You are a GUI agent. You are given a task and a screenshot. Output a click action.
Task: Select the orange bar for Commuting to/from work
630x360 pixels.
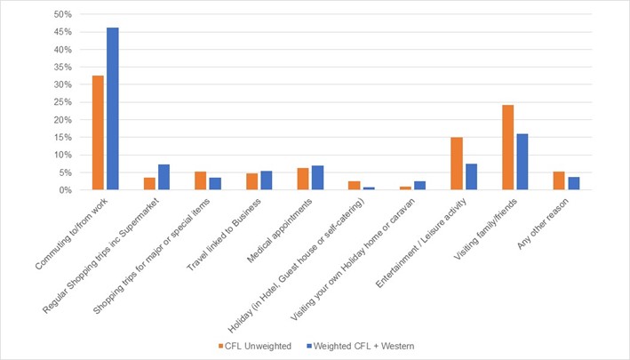[x=98, y=132]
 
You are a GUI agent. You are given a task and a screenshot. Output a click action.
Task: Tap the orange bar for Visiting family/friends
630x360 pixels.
[x=507, y=148]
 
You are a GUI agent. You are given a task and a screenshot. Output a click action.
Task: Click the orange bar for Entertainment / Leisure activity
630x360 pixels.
[x=457, y=164]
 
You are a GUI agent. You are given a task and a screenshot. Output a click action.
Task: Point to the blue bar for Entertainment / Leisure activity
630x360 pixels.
[x=472, y=177]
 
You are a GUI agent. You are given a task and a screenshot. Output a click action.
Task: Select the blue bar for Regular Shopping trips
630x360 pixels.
[x=163, y=177]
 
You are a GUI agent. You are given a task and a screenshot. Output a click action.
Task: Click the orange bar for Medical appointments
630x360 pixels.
[x=303, y=179]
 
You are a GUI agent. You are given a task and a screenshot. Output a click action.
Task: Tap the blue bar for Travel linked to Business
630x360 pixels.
[x=267, y=180]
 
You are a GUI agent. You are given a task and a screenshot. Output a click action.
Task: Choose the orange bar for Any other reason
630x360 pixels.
[x=559, y=180]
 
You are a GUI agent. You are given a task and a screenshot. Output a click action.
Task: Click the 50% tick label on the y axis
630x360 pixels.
[x=61, y=15]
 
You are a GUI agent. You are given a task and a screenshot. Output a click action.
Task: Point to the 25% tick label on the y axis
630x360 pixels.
[x=61, y=102]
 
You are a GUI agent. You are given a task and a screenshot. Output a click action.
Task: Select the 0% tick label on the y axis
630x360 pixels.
[x=64, y=190]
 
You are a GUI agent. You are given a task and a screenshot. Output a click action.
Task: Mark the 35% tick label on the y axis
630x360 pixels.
[x=61, y=68]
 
